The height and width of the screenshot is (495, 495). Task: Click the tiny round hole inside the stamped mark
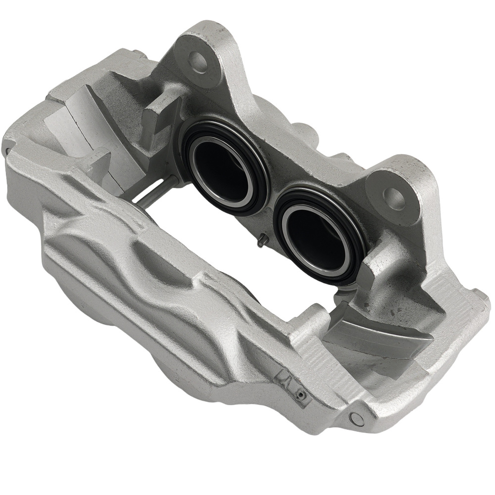point(300,395)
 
